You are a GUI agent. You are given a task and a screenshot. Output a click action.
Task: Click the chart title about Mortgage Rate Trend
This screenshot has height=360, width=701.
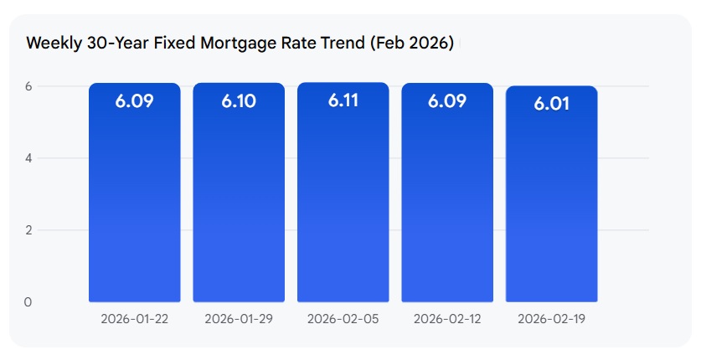coord(240,44)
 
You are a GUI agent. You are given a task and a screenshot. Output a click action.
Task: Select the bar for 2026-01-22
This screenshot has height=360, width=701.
coord(134,201)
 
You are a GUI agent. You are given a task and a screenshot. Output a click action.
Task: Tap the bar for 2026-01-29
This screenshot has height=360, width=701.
coord(239,201)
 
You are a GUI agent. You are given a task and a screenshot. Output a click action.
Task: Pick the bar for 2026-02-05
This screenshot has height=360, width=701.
coord(343,201)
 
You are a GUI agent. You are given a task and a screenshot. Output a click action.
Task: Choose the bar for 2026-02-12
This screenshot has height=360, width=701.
coord(447,201)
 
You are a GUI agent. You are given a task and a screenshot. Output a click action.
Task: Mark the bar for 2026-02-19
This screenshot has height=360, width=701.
coord(551,201)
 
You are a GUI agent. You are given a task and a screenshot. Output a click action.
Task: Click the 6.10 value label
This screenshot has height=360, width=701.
coord(239,101)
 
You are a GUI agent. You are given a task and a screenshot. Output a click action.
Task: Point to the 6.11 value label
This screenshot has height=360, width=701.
coord(343,101)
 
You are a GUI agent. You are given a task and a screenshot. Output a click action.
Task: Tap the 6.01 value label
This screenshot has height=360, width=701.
coord(551,104)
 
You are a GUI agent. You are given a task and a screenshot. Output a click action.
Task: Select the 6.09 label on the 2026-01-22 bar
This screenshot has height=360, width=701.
coord(134,101)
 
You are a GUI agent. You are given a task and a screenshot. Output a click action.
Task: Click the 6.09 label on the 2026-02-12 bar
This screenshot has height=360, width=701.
coord(447,101)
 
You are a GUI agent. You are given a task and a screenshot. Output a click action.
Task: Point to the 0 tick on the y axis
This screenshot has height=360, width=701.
coord(28,302)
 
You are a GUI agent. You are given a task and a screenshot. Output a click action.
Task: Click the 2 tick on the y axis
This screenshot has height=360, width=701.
coord(28,230)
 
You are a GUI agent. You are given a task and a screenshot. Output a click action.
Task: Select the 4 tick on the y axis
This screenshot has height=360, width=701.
coord(28,158)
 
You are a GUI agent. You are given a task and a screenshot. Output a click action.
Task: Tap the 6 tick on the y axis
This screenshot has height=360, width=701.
coord(28,86)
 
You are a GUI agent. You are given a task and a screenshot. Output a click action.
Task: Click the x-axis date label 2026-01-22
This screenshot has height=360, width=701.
coord(134,319)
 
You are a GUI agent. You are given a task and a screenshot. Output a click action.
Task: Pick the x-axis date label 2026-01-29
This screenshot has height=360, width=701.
coord(239,319)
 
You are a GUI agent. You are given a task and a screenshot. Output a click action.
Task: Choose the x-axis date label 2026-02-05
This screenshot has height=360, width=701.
coord(343,319)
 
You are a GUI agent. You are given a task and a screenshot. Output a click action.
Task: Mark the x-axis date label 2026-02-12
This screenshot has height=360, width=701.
coord(447,319)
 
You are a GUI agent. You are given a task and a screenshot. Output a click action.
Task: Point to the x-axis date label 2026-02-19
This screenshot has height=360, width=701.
coord(551,319)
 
